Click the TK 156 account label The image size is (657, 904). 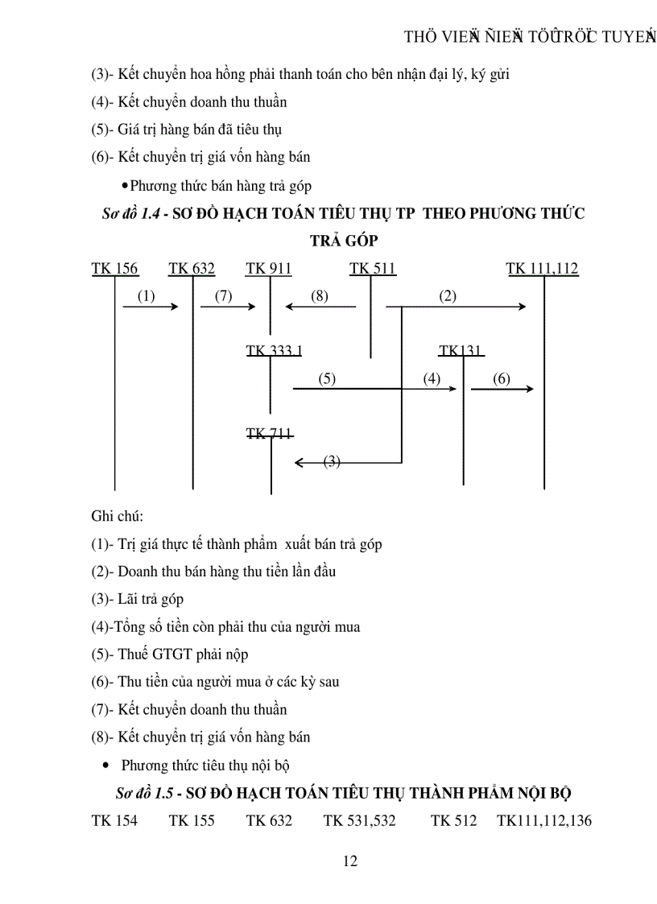pyautogui.click(x=114, y=269)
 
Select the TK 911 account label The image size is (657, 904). pyautogui.click(x=269, y=269)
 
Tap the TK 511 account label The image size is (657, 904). pyautogui.click(x=373, y=269)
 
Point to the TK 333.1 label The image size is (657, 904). pyautogui.click(x=274, y=350)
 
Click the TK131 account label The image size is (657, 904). pyautogui.click(x=461, y=350)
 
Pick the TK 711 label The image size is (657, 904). pyautogui.click(x=269, y=434)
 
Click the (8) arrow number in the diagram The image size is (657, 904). pyautogui.click(x=320, y=296)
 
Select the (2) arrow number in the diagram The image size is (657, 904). pyautogui.click(x=448, y=296)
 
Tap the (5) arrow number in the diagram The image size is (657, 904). pyautogui.click(x=327, y=379)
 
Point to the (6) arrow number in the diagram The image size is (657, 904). pyautogui.click(x=501, y=379)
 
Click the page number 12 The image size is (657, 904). pyautogui.click(x=349, y=861)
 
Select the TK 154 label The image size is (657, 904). pyautogui.click(x=114, y=820)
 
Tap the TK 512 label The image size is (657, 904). pyautogui.click(x=454, y=820)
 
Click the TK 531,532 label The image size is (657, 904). pyautogui.click(x=360, y=820)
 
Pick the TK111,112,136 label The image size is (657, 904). pyautogui.click(x=544, y=820)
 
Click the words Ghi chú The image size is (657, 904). pyautogui.click(x=117, y=516)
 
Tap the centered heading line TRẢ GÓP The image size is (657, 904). pyautogui.click(x=344, y=241)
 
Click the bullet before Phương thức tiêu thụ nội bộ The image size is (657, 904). pyautogui.click(x=106, y=766)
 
